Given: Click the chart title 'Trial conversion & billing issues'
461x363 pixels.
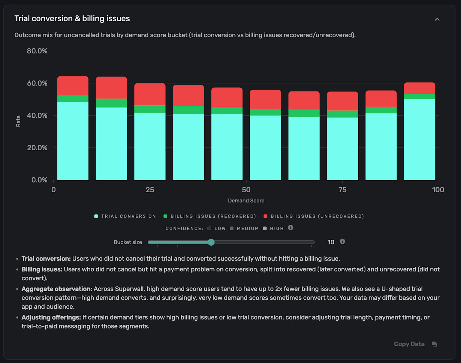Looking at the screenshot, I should pos(72,19).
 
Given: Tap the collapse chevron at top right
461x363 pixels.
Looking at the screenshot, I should pos(437,19).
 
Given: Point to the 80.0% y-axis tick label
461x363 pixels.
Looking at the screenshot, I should pos(37,51).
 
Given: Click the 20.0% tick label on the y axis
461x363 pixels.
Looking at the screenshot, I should pos(37,148).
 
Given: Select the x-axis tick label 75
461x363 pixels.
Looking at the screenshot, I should pos(342,190).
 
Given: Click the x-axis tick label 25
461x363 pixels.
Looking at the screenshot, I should pos(150,190).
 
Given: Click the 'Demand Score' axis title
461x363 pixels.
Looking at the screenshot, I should pos(246,201).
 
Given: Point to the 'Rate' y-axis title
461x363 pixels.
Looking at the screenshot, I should pos(18,121).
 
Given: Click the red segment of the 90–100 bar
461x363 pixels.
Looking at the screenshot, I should pos(419,88).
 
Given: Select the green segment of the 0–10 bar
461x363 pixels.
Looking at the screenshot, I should pos(73,99).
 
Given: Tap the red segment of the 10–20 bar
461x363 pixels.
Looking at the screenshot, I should pos(111,88).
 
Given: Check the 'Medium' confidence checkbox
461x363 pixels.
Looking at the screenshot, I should pos(232,229).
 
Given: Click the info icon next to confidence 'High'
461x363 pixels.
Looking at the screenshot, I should pos(291,228).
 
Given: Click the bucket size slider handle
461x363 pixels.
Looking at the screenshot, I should pos(211,242).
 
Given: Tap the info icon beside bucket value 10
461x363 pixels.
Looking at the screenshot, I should pos(342,241).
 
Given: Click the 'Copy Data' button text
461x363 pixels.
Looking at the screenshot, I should pos(409,344).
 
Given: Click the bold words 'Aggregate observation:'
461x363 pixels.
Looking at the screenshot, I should pos(57,289).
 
